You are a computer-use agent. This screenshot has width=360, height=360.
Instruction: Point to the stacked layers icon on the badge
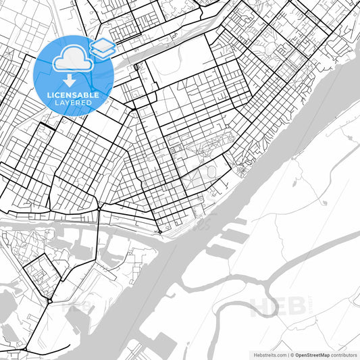click(x=102, y=47)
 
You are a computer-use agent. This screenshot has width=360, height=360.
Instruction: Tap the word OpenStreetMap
click(x=312, y=354)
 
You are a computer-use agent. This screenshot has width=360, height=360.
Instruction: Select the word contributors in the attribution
click(x=344, y=354)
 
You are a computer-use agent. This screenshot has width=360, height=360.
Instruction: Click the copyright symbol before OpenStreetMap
click(x=290, y=354)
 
